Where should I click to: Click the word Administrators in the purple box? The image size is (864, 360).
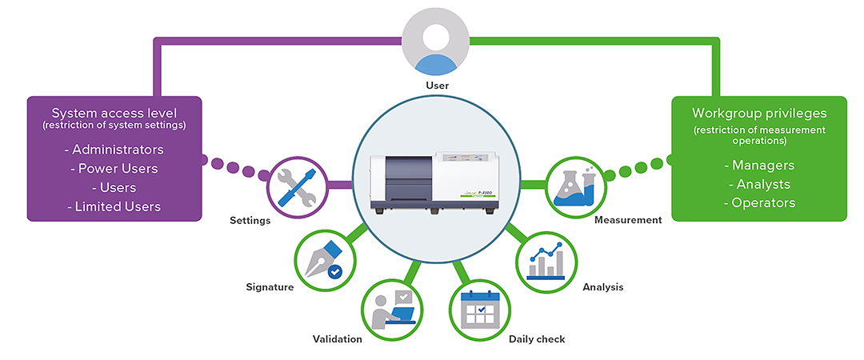coord(118,150)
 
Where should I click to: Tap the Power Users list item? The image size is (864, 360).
coord(118,169)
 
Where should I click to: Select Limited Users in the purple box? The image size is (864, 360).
coord(118,206)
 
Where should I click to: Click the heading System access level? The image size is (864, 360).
coord(114,113)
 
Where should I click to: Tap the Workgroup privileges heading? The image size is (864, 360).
coord(759,113)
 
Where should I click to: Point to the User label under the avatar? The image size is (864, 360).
coord(437,85)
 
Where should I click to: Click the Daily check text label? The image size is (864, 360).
coord(537,339)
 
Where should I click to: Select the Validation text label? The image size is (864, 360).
coord(337,339)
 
